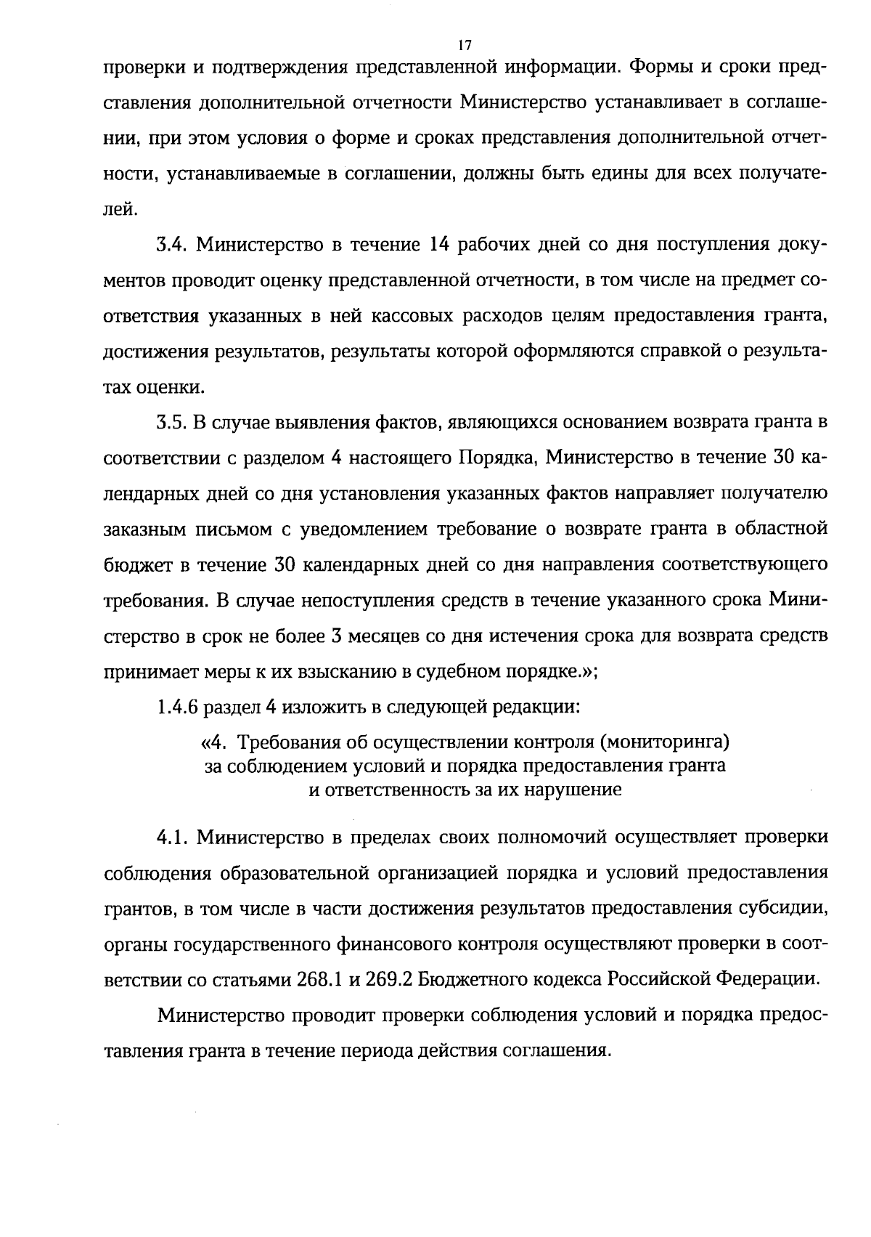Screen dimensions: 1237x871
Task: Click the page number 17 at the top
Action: pos(465,45)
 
